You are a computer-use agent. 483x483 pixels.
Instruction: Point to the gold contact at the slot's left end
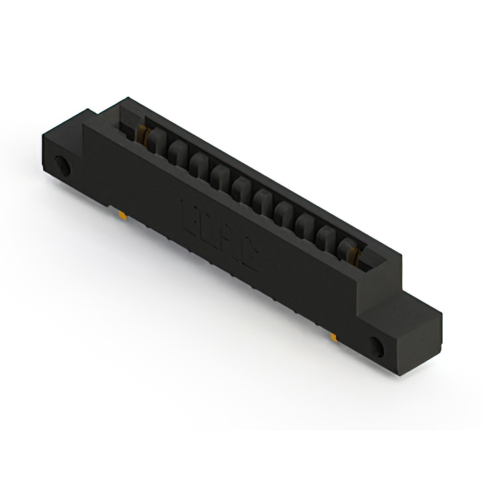142,137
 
